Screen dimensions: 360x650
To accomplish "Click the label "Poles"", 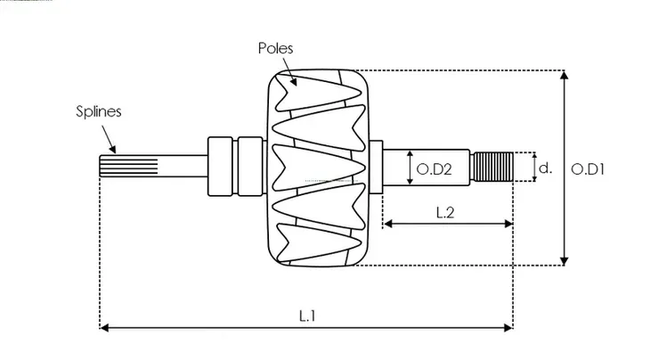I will pyautogui.click(x=276, y=48).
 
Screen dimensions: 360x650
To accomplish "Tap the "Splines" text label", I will pyautogui.click(x=97, y=112).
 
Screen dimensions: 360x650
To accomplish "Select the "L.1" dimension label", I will pyautogui.click(x=306, y=315).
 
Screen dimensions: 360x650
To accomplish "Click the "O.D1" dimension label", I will pyautogui.click(x=589, y=168).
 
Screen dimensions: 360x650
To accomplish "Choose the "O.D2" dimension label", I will pyautogui.click(x=433, y=168).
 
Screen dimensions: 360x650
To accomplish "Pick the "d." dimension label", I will pyautogui.click(x=546, y=167).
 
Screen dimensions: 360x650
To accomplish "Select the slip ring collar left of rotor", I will pyautogui.click(x=223, y=167).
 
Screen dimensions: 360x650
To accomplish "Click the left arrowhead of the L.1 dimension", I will pyautogui.click(x=103, y=328).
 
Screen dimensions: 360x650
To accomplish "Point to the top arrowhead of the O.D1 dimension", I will pyautogui.click(x=564, y=76).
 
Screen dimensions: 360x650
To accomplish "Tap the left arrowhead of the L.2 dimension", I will pyautogui.click(x=387, y=224).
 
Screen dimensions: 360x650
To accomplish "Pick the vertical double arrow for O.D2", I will pyautogui.click(x=409, y=168).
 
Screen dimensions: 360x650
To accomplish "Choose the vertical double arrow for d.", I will pyautogui.click(x=534, y=167).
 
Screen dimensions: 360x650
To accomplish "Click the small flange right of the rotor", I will pyautogui.click(x=375, y=167).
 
